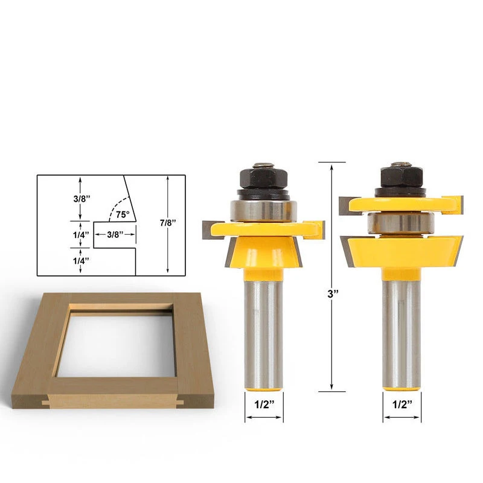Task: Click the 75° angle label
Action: pyautogui.click(x=123, y=214)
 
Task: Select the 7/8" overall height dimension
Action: pyautogui.click(x=168, y=223)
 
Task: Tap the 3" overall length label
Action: pyautogui.click(x=333, y=293)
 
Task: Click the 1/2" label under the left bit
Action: pyautogui.click(x=264, y=404)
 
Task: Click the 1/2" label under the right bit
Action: pyautogui.click(x=402, y=404)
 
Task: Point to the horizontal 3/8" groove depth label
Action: pyautogui.click(x=115, y=234)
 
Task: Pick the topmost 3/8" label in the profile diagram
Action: pyautogui.click(x=82, y=199)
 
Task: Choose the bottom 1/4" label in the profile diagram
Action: pyautogui.click(x=81, y=261)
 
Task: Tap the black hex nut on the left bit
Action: pyautogui.click(x=264, y=179)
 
